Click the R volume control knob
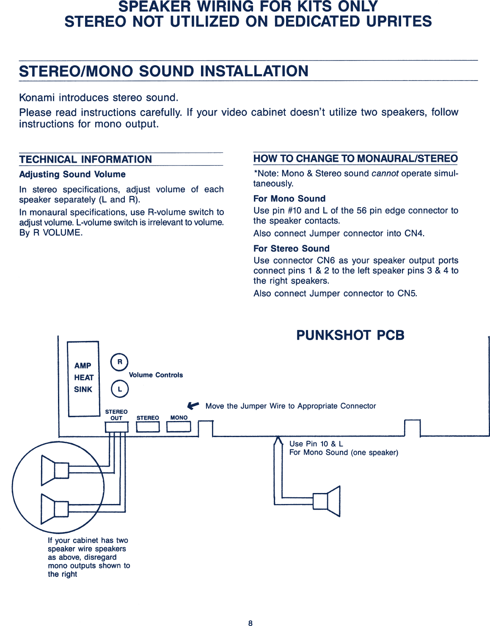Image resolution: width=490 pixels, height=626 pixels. [119, 362]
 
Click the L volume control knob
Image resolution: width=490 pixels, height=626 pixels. [120, 389]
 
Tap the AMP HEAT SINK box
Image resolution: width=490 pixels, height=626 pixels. [83, 378]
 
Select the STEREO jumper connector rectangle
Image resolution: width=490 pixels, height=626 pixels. [148, 427]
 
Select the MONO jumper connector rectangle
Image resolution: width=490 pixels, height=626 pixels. [179, 427]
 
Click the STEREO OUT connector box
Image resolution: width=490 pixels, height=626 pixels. [116, 427]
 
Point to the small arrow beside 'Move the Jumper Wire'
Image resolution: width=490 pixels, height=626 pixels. [193, 406]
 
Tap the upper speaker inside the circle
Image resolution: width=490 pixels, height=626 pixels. [55, 470]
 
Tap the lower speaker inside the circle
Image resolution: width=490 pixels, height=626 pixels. [55, 509]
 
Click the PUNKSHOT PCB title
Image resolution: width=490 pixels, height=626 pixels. [350, 335]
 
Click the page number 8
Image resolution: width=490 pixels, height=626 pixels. [250, 623]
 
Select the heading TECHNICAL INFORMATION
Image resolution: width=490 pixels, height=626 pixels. [85, 159]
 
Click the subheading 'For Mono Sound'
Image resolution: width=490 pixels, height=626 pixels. [289, 199]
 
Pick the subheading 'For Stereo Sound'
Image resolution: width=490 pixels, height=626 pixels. [291, 249]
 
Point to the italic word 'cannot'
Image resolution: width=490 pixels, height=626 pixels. [385, 174]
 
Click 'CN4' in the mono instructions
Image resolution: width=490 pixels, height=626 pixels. [414, 234]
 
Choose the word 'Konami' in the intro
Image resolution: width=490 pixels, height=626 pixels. [37, 98]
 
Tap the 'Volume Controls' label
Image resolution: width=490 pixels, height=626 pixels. [156, 375]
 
